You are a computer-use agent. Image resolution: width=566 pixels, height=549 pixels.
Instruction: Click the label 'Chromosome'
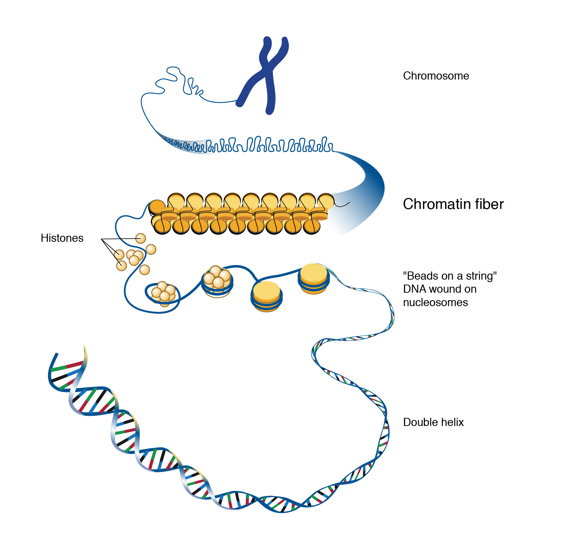436,76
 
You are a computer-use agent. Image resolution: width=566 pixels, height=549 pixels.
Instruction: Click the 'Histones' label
62,238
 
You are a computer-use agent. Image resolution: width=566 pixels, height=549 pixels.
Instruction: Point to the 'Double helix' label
433,422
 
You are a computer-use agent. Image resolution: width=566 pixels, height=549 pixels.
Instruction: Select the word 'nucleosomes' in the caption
435,303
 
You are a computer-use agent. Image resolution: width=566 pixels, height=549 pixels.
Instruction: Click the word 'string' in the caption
481,276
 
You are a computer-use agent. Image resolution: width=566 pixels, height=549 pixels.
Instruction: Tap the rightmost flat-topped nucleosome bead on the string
314,278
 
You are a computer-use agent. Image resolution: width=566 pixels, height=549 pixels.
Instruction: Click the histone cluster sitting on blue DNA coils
217,277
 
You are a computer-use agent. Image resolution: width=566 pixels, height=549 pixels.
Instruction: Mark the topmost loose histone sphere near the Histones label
141,238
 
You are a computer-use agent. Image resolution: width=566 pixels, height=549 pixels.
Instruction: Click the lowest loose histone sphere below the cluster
145,270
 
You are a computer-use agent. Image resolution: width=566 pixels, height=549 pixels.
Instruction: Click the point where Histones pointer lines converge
102,240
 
